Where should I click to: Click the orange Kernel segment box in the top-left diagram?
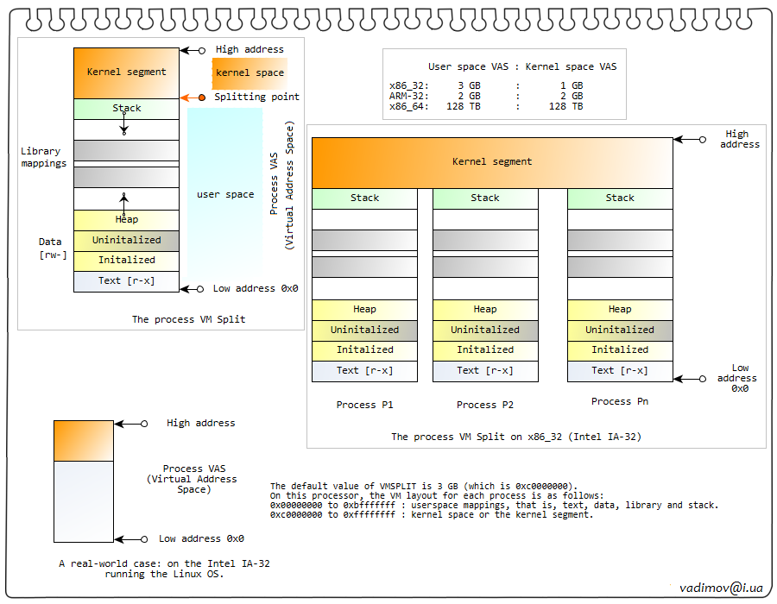[126, 72]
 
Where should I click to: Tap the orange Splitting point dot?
[202, 98]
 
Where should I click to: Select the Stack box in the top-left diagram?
[126, 109]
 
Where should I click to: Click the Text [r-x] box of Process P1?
[364, 371]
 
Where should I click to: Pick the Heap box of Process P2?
[484, 309]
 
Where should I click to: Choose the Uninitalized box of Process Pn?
[619, 330]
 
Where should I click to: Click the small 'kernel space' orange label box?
[250, 73]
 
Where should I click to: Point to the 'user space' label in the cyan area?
[225, 195]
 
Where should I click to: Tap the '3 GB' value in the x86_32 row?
[468, 86]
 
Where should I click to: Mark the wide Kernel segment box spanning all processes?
[492, 162]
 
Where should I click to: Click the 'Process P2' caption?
[485, 405]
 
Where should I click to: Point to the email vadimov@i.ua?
[721, 588]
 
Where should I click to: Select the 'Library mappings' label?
[43, 158]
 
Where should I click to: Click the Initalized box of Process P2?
[484, 350]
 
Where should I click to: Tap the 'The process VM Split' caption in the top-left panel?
[188, 320]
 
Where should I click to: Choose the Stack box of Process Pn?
[619, 198]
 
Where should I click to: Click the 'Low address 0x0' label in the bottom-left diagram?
[201, 539]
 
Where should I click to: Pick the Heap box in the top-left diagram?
[126, 220]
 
